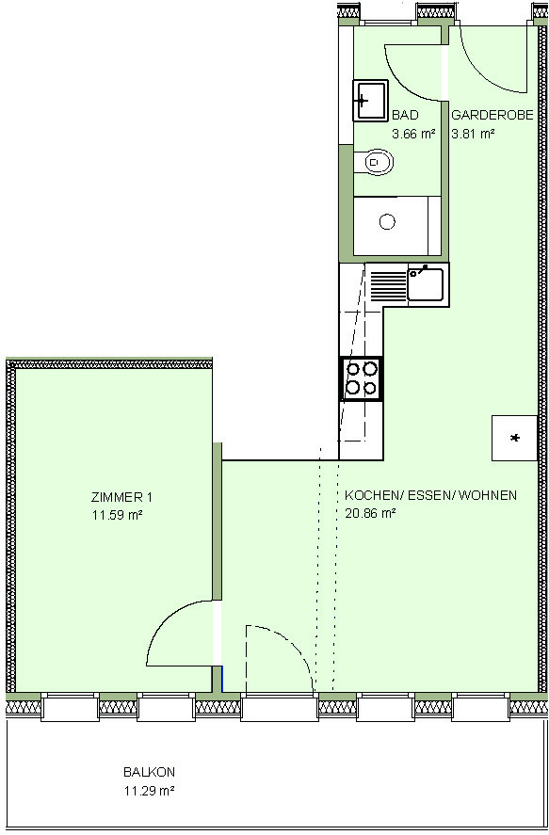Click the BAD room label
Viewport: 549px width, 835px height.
point(405,116)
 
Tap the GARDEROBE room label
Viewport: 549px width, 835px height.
point(492,116)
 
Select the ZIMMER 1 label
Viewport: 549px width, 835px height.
point(121,498)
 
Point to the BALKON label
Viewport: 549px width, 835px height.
point(149,772)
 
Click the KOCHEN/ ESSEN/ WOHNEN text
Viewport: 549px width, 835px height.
point(430,495)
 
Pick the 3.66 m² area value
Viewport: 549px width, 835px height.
point(413,135)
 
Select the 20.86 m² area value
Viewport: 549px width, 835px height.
point(370,514)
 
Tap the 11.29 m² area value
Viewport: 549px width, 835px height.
point(149,791)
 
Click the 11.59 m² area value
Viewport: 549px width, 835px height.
point(117,516)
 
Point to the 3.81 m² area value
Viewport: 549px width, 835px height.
point(474,135)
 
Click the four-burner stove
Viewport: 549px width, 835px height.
point(361,378)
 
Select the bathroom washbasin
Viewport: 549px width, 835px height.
point(370,100)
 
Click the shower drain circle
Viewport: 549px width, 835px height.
point(387,221)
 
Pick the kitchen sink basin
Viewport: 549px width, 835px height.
point(426,283)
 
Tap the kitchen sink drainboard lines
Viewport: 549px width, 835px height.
point(388,285)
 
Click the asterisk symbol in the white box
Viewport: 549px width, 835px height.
point(515,439)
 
